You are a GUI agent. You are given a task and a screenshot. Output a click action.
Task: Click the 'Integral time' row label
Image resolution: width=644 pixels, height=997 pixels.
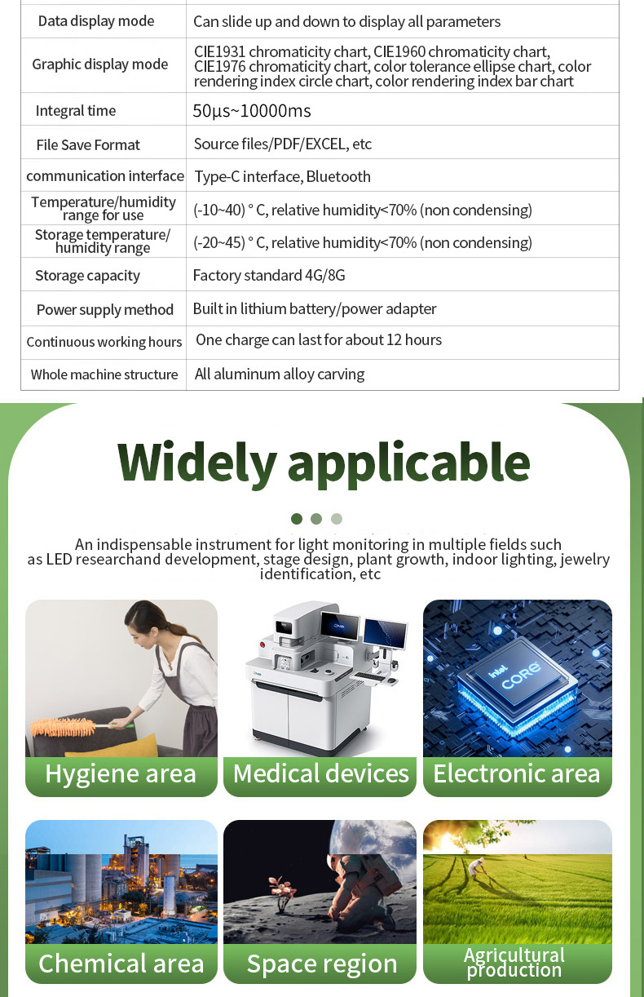pyautogui.click(x=76, y=110)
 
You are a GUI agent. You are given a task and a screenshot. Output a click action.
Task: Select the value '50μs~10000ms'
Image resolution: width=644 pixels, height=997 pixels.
pyautogui.click(x=252, y=111)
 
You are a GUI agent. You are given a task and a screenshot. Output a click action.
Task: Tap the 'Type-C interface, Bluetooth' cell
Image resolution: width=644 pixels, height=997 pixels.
pyautogui.click(x=282, y=177)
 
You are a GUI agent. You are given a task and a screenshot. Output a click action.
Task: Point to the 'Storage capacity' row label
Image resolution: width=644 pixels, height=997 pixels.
pyautogui.click(x=87, y=276)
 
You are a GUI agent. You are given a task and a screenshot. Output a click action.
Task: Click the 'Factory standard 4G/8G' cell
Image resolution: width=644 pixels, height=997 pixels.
pyautogui.click(x=269, y=276)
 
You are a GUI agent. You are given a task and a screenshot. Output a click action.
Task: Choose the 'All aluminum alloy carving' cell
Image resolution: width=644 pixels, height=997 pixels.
pyautogui.click(x=280, y=374)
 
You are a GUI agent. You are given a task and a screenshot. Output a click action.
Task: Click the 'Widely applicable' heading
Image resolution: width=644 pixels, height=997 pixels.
pyautogui.click(x=324, y=463)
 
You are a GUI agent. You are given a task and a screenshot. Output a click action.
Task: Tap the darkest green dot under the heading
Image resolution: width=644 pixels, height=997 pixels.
pyautogui.click(x=297, y=519)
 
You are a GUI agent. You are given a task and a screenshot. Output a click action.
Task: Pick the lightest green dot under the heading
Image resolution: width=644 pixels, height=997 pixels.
pyautogui.click(x=337, y=519)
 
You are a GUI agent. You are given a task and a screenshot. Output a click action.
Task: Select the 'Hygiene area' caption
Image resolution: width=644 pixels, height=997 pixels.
pyautogui.click(x=121, y=773)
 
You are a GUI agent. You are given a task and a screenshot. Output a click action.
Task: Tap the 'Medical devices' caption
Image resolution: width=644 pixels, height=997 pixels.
pyautogui.click(x=320, y=773)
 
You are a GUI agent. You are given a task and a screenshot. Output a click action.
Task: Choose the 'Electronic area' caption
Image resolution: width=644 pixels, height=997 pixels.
pyautogui.click(x=517, y=773)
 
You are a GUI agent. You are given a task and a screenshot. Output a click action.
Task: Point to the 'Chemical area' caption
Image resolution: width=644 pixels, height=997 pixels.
pyautogui.click(x=121, y=964)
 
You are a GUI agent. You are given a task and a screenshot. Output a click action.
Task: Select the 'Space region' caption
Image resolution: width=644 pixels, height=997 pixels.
pyautogui.click(x=321, y=965)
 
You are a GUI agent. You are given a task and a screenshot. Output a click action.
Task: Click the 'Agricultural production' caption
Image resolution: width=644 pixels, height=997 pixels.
pyautogui.click(x=514, y=962)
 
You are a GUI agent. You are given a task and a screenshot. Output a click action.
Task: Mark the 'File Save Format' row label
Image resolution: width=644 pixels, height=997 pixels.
pyautogui.click(x=88, y=144)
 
